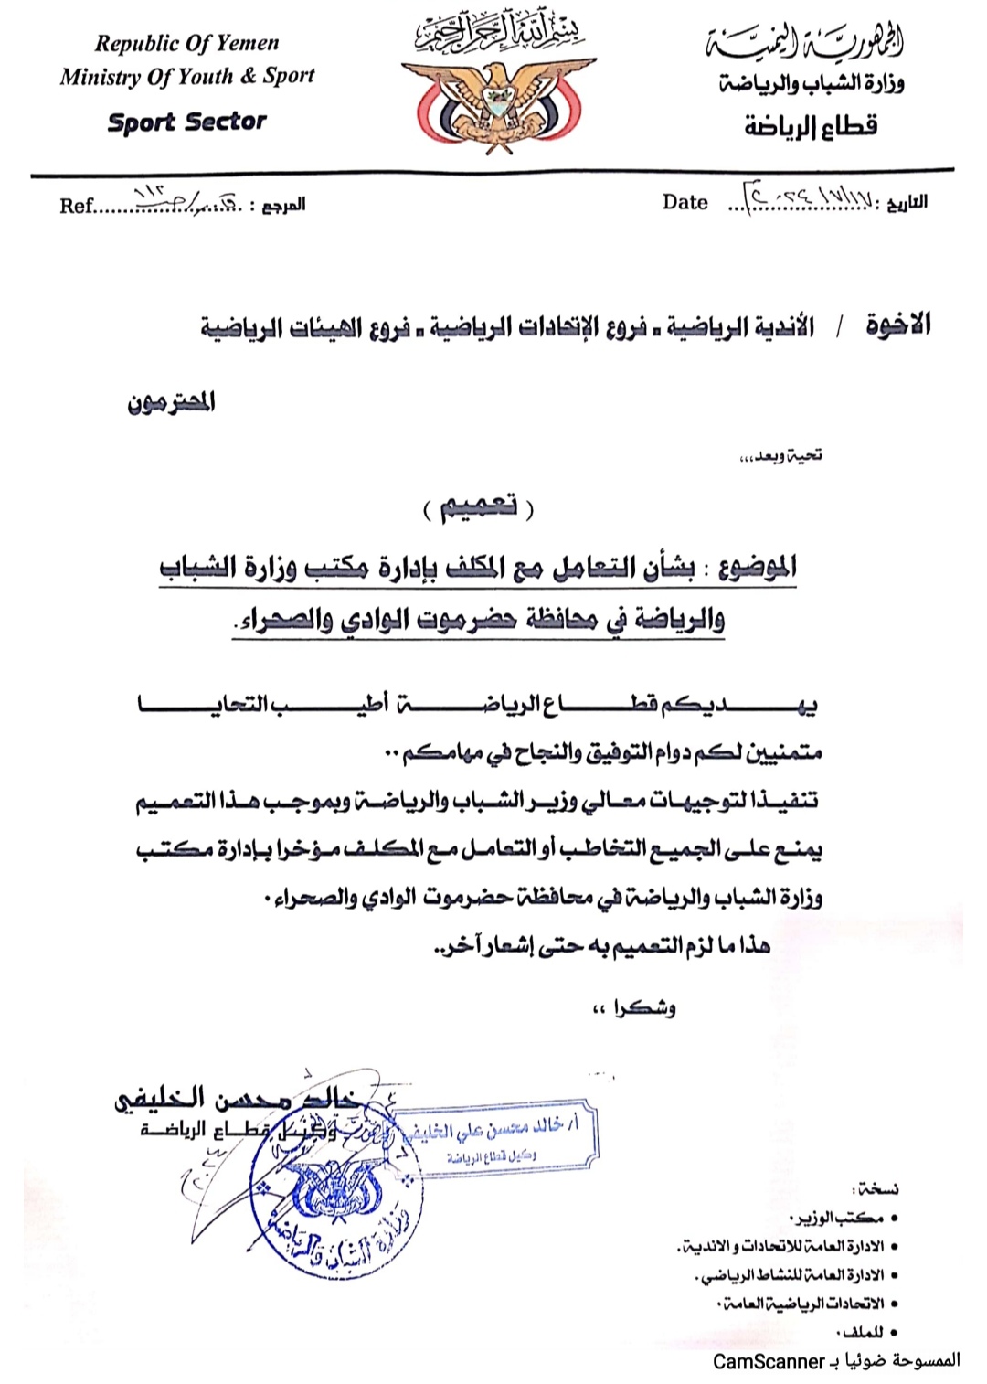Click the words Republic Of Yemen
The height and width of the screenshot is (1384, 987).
point(186,43)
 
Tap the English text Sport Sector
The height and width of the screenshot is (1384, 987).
point(186,122)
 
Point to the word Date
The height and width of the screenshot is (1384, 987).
point(685,202)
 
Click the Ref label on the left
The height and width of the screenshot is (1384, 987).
point(76,206)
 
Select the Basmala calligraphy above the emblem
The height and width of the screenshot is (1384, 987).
point(499,33)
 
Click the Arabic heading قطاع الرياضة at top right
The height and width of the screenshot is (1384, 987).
point(811,126)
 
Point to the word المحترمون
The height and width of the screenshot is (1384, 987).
point(171,402)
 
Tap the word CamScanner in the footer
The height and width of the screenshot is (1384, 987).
point(769,1362)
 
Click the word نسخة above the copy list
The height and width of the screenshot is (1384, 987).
point(875,1188)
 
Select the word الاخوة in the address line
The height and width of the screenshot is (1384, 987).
point(897,325)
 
